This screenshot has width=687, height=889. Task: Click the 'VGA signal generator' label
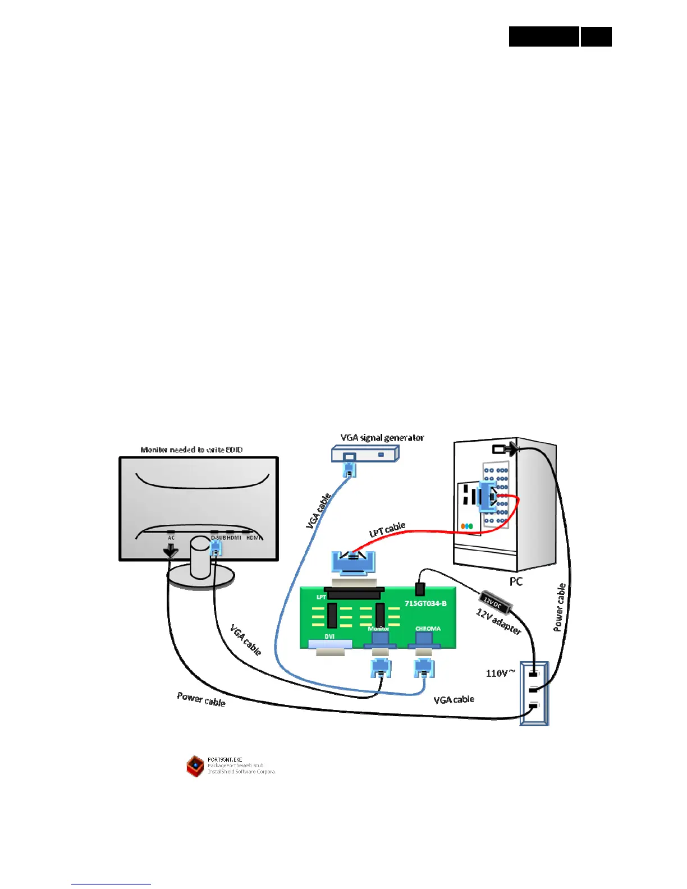click(x=382, y=438)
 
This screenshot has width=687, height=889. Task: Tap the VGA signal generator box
click(x=365, y=454)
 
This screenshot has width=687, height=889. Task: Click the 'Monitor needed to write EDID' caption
click(x=191, y=450)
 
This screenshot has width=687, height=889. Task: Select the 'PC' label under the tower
click(x=516, y=581)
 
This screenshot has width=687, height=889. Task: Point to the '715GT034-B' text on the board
click(x=425, y=603)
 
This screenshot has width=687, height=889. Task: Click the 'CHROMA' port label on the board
click(x=428, y=629)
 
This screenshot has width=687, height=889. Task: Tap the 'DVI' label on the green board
click(x=329, y=636)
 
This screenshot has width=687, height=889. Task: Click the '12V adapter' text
click(x=498, y=622)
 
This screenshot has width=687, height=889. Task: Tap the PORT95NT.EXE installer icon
click(x=195, y=766)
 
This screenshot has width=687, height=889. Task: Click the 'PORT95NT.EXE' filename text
click(x=225, y=759)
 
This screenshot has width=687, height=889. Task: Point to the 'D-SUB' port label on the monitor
click(x=218, y=538)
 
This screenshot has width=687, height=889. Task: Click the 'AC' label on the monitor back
click(x=171, y=538)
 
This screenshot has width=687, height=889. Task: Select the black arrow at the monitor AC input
click(x=170, y=552)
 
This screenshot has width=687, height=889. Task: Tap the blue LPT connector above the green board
click(x=353, y=563)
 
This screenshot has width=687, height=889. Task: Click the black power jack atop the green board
click(x=419, y=589)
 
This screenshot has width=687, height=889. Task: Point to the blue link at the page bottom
click(x=111, y=884)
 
